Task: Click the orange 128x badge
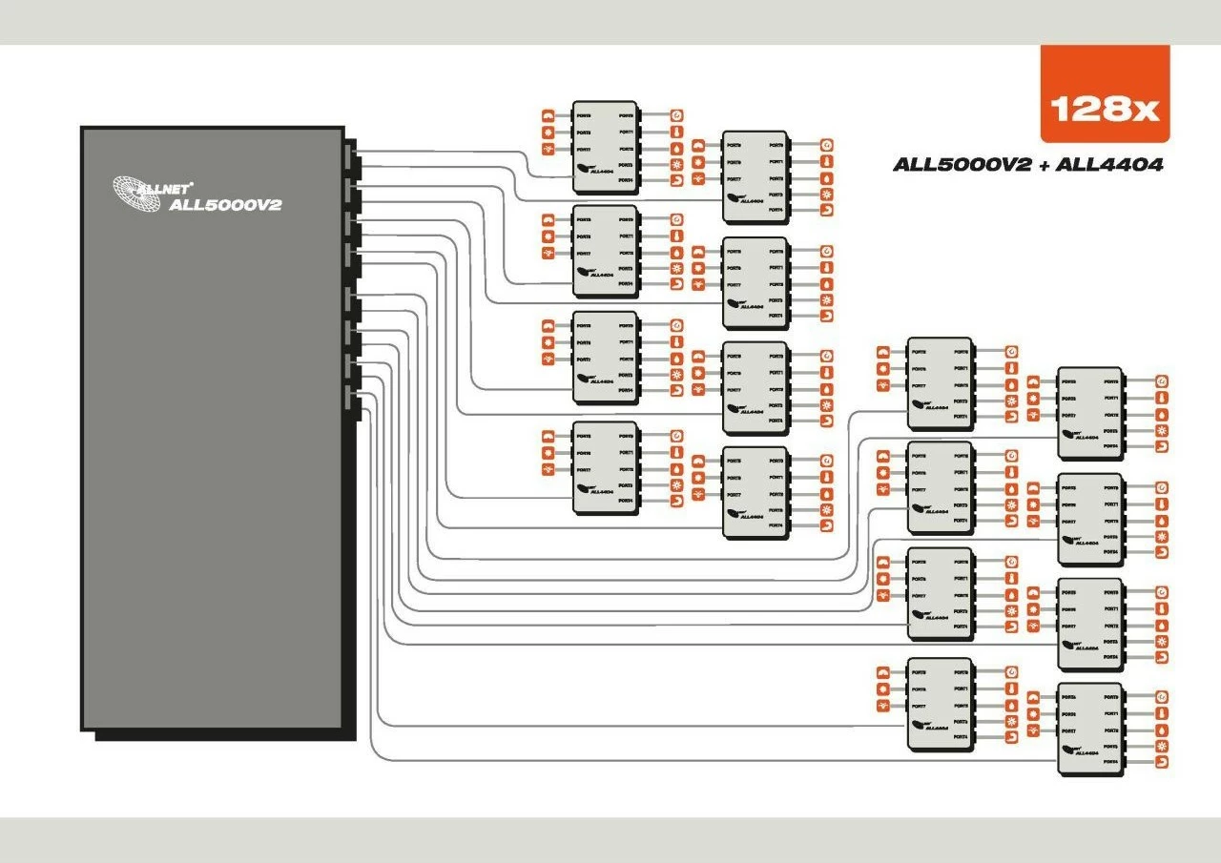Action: (x=1105, y=93)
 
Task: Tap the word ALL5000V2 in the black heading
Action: (x=962, y=165)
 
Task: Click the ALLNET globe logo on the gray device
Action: (x=136, y=193)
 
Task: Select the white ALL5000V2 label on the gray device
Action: (x=225, y=204)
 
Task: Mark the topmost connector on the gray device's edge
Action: (x=348, y=154)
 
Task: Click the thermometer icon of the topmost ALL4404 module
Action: (x=676, y=132)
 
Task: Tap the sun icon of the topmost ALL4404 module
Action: (x=676, y=166)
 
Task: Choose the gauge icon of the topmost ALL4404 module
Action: (x=676, y=114)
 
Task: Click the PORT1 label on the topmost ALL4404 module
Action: (x=627, y=132)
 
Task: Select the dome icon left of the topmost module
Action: (x=548, y=115)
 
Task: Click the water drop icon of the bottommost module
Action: (x=1162, y=729)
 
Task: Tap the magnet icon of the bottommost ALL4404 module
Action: (x=1162, y=763)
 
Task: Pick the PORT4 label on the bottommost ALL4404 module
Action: (x=1110, y=763)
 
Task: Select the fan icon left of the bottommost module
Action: (x=1033, y=730)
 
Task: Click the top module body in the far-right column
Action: (x=1089, y=412)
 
